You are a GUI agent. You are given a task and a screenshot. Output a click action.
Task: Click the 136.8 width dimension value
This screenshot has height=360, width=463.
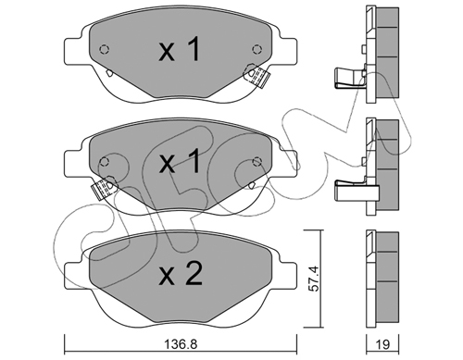pyautogui.click(x=180, y=344)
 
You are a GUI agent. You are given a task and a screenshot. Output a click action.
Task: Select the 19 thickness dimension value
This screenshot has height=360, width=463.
pyautogui.click(x=382, y=344)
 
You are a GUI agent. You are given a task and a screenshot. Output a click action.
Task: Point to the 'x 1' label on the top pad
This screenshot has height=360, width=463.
pyautogui.click(x=180, y=49)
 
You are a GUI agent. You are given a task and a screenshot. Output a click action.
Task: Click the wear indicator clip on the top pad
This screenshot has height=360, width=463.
pyautogui.click(x=257, y=76)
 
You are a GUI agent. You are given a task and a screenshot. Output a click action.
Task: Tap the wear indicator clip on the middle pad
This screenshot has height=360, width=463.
pyautogui.click(x=103, y=187)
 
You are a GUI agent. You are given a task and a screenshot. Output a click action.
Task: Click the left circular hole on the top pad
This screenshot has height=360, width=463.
pyautogui.click(x=105, y=49)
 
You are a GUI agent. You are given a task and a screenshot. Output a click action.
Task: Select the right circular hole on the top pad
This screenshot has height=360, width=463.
pyautogui.click(x=257, y=49)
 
